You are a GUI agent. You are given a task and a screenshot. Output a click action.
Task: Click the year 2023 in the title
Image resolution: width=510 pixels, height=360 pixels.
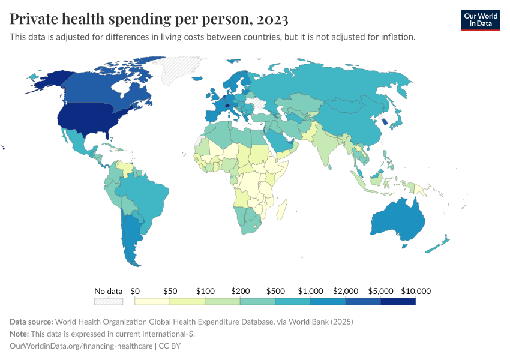[272, 19]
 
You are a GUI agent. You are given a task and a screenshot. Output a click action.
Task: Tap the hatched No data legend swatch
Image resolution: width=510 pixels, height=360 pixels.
[108, 302]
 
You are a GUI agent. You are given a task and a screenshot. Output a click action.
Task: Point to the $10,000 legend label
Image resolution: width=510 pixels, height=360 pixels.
[416, 291]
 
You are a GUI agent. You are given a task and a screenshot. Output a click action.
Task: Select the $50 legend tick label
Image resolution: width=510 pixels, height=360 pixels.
[170, 291]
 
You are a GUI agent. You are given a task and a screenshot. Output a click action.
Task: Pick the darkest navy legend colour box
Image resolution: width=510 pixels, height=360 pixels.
[398, 302]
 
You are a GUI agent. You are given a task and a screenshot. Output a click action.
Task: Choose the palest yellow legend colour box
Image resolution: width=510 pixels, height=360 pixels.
[152, 302]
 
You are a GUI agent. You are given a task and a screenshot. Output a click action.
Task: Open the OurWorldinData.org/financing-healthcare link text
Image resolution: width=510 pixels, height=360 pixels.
[82, 346]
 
